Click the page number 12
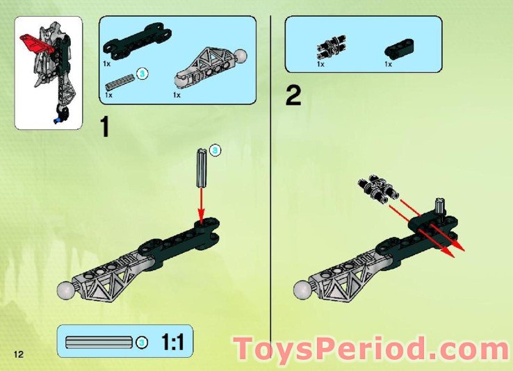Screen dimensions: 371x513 (15, 355)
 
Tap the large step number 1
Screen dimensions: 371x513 (105, 128)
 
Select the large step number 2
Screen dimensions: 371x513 (293, 96)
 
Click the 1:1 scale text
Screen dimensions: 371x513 (173, 342)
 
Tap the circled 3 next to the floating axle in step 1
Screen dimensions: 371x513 (215, 150)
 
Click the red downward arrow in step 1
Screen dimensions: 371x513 (202, 205)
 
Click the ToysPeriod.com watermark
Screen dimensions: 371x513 (372, 348)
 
